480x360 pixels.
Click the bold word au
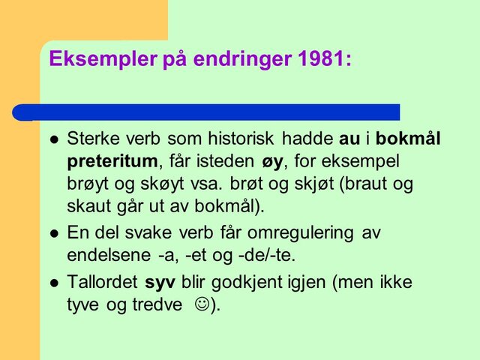(349, 139)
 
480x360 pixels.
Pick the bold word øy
(275, 161)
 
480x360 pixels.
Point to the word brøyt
(87, 183)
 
